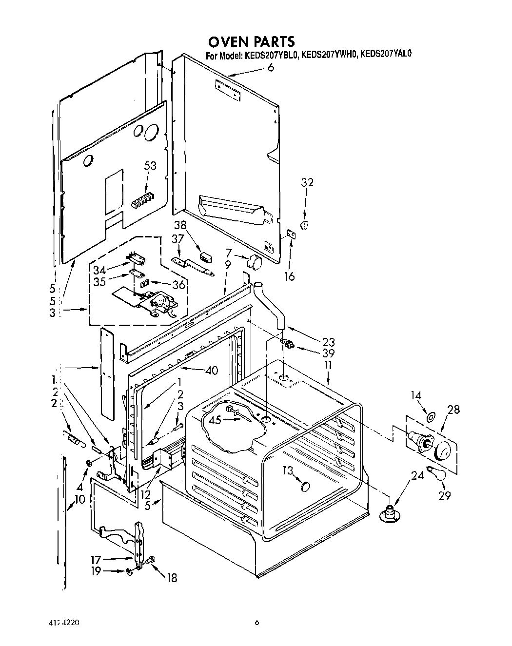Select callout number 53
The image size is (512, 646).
[150, 166]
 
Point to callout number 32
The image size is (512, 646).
[307, 182]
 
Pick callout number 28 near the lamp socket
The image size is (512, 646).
[453, 410]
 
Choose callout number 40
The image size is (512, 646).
[212, 371]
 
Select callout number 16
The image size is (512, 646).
[289, 276]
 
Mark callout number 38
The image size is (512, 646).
[181, 225]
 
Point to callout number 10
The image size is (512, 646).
[80, 499]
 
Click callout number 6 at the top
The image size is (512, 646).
[271, 67]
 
